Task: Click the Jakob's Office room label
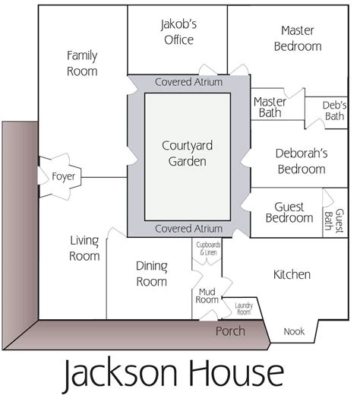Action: (x=178, y=32)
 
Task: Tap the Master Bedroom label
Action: (x=297, y=38)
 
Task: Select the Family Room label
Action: (x=82, y=63)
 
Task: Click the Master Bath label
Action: (x=270, y=108)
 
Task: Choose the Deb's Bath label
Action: (x=333, y=110)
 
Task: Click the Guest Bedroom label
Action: (x=289, y=212)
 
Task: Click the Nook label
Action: (x=294, y=332)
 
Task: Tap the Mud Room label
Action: (x=208, y=296)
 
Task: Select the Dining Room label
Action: (x=151, y=274)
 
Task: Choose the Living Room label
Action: (x=84, y=248)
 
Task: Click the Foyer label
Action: (x=63, y=176)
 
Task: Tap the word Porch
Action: (x=230, y=331)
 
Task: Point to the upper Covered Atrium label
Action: (x=188, y=82)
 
